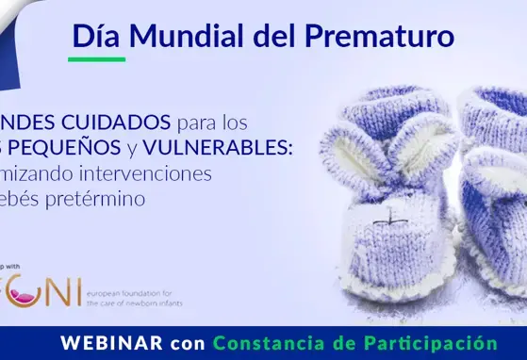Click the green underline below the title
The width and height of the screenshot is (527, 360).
[98, 59]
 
